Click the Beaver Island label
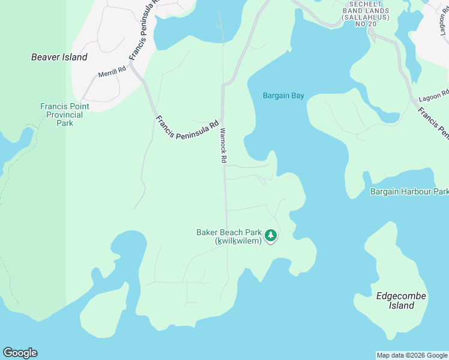[59, 58]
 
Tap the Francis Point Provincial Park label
[65, 115]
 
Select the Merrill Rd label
[112, 72]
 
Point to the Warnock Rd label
[223, 146]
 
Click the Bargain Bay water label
[284, 95]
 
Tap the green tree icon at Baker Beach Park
[271, 235]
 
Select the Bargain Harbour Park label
[409, 192]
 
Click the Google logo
[20, 353]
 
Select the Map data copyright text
[412, 355]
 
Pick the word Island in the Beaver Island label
[74, 58]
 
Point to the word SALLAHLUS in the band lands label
[366, 18]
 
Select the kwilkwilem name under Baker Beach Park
[239, 241]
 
